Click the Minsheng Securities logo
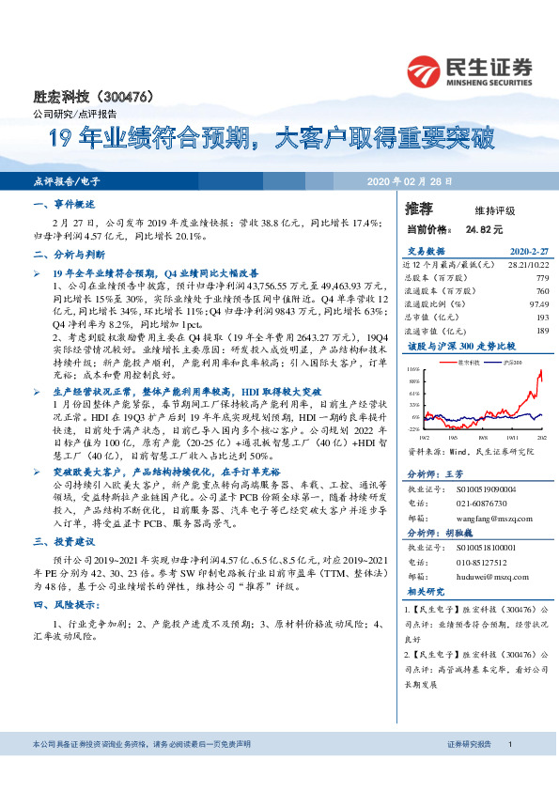(470, 70)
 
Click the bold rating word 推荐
(419, 209)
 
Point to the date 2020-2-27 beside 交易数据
(527, 251)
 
